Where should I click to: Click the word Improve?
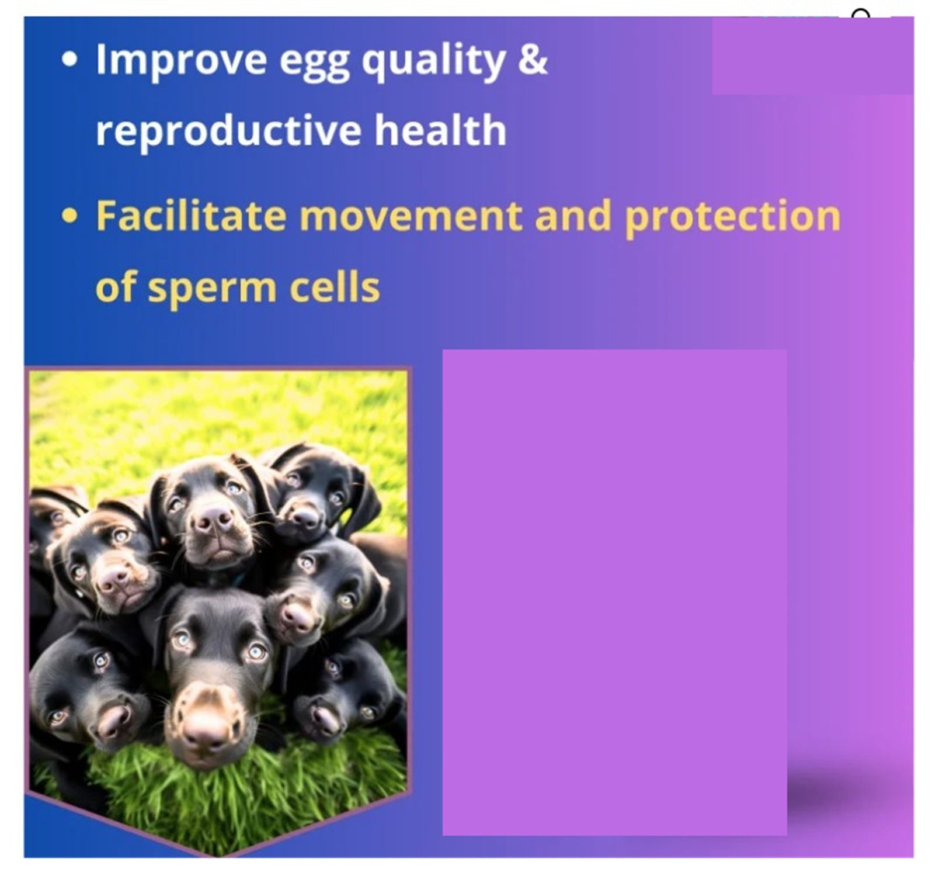[181, 60]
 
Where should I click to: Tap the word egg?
[315, 64]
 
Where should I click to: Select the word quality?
[433, 61]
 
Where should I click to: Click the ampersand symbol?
[533, 59]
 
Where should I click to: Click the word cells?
[335, 286]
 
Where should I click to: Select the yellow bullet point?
[69, 216]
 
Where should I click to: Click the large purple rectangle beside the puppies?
[614, 592]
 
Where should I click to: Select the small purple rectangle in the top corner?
[812, 56]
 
